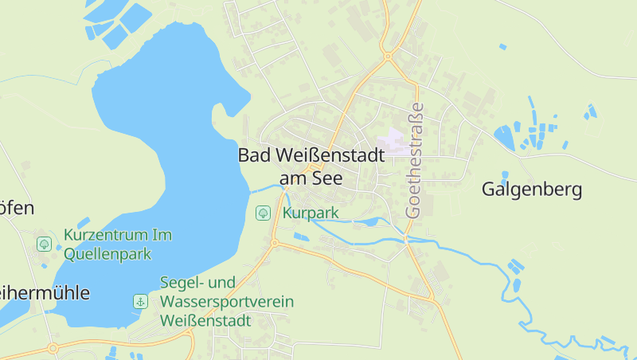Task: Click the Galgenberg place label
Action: [x=532, y=190]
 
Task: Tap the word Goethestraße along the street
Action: [x=414, y=160]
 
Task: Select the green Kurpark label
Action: [x=311, y=213]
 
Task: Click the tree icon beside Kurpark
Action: [x=262, y=213]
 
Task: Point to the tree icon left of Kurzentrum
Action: [x=44, y=244]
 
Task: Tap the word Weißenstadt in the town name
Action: [x=327, y=156]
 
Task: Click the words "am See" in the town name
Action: [x=311, y=178]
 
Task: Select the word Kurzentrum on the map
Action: [x=107, y=236]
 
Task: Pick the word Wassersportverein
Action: [x=227, y=302]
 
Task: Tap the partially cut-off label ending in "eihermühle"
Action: [x=45, y=292]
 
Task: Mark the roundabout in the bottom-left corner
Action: [x=53, y=348]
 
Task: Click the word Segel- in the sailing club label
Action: [x=185, y=283]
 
